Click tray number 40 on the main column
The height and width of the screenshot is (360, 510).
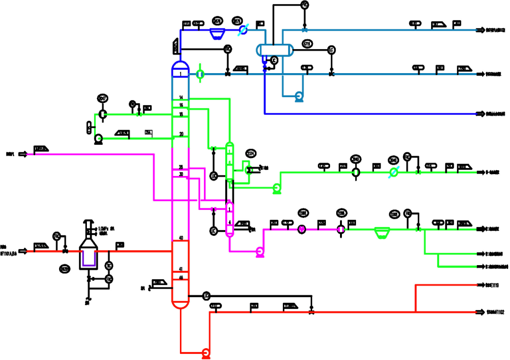click(x=181, y=238)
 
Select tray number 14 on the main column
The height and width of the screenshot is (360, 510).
click(x=181, y=97)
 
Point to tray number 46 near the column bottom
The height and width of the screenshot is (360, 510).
click(x=181, y=278)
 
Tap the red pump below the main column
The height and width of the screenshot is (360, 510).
click(x=205, y=353)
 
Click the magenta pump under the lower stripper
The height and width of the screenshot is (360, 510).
click(x=259, y=252)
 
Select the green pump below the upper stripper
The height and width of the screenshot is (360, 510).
click(x=276, y=189)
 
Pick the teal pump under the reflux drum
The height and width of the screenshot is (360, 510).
click(x=298, y=96)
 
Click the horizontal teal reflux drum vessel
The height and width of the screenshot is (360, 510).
click(x=274, y=50)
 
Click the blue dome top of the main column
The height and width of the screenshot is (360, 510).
click(x=180, y=65)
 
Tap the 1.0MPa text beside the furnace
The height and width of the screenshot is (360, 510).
click(x=105, y=228)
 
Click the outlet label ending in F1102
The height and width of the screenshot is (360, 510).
click(x=493, y=312)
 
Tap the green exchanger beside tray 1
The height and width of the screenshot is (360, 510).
click(x=200, y=74)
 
